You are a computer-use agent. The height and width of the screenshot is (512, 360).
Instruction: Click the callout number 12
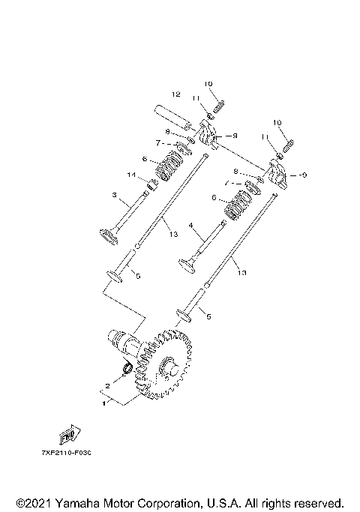click(175, 94)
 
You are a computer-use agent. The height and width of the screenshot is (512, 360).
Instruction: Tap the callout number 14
click(130, 175)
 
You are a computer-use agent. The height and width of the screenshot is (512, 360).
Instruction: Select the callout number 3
click(115, 196)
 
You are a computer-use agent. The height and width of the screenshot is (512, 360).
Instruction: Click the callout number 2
click(108, 385)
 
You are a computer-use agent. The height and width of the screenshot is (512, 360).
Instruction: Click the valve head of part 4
click(184, 264)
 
